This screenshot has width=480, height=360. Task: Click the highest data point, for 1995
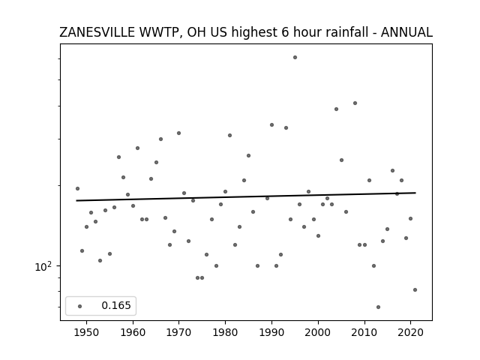point(295,57)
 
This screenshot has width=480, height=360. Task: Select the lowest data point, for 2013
point(378,307)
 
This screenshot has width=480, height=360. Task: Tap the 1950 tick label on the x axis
point(87,333)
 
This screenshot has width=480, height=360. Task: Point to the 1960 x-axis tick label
point(133,333)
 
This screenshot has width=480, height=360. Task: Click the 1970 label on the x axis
point(179,333)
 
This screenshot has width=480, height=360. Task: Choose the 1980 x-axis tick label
point(225,333)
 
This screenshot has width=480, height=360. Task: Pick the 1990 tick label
point(271,333)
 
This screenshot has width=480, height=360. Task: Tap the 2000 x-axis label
point(318,333)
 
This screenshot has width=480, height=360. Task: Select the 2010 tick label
point(364,333)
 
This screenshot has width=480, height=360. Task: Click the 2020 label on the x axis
point(410,333)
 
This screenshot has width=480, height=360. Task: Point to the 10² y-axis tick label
point(43,266)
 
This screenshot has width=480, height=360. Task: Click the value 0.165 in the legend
point(116,305)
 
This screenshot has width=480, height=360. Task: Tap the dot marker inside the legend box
point(80,306)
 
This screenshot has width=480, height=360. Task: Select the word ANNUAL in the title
point(406,32)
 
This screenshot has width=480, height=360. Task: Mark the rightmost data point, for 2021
point(415,290)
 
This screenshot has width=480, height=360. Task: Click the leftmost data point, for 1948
point(77,188)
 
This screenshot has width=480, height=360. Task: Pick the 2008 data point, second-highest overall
point(355,103)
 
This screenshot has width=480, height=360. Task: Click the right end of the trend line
point(415,193)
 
